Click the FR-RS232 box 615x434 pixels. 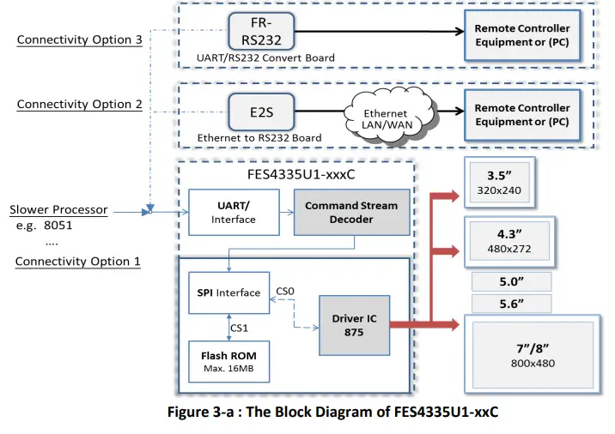point(261,31)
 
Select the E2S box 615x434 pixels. point(261,112)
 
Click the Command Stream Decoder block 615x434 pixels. point(351,213)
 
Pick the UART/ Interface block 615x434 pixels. point(234,213)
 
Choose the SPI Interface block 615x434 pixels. point(228,292)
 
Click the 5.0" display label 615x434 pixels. point(511,281)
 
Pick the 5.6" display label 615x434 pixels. point(511,303)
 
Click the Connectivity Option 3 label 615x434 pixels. point(79,39)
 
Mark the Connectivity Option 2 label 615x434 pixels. point(79,104)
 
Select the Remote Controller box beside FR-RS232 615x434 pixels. point(521,35)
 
